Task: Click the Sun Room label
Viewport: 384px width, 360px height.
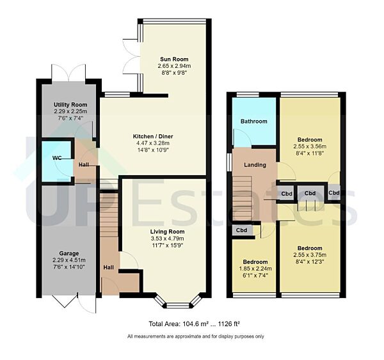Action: pos(174,58)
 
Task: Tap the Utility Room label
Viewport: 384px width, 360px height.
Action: pos(70,105)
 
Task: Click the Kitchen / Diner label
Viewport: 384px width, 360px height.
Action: pos(153,137)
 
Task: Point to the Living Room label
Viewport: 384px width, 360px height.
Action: pos(168,231)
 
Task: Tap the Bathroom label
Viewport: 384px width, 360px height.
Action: pos(253,121)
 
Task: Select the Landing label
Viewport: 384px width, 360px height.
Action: pos(255,165)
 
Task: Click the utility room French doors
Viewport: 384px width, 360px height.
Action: pos(70,72)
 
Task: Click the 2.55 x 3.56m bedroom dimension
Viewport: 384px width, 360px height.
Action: pos(309,146)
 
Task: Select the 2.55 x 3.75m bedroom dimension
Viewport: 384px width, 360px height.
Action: pos(309,254)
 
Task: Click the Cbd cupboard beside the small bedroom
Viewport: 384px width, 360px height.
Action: pos(242,230)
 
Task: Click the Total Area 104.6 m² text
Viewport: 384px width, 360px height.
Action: pos(169,324)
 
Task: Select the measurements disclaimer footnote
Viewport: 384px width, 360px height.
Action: pos(196,336)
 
